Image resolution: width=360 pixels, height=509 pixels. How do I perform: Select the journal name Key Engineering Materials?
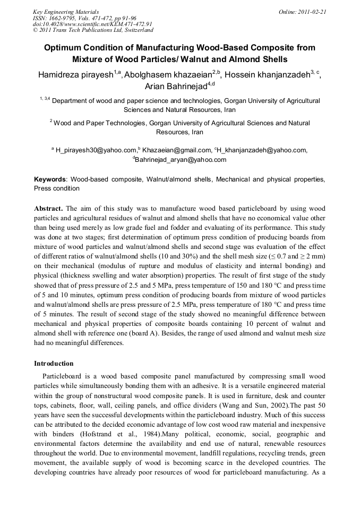(x=66, y=11)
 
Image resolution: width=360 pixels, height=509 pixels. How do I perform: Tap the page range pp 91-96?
(x=122, y=18)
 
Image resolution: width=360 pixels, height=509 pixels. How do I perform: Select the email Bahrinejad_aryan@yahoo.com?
(x=181, y=159)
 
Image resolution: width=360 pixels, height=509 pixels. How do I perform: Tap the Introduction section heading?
(x=54, y=364)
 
